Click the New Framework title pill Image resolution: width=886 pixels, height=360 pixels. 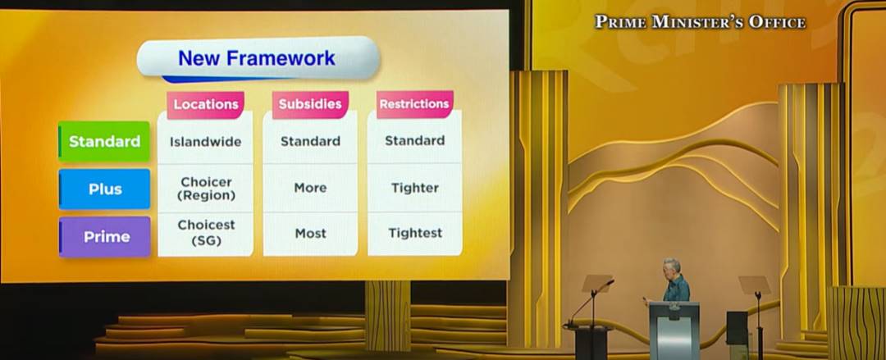click(x=258, y=58)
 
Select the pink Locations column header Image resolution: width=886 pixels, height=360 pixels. click(x=205, y=104)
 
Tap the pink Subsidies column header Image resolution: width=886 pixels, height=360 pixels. click(x=310, y=104)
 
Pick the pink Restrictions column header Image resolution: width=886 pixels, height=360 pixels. click(x=415, y=104)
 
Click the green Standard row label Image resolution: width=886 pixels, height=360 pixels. click(x=104, y=141)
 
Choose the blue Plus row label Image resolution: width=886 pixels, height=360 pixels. click(x=104, y=189)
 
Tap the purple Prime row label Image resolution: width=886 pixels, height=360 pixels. click(x=104, y=237)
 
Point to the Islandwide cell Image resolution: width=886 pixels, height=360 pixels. click(x=206, y=141)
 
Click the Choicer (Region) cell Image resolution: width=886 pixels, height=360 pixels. click(x=206, y=189)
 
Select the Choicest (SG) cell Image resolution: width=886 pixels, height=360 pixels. click(x=206, y=233)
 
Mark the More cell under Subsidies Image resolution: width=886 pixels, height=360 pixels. click(x=310, y=188)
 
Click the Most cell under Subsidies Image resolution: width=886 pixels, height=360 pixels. click(x=310, y=233)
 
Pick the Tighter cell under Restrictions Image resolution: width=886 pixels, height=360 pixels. click(x=415, y=188)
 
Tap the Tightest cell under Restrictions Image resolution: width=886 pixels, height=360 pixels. click(x=415, y=233)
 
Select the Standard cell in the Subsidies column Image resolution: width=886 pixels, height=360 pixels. click(x=310, y=141)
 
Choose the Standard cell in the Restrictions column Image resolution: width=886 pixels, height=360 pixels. click(x=415, y=140)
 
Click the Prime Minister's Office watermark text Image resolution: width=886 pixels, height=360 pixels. click(x=700, y=22)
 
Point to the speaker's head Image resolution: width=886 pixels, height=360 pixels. click(x=673, y=267)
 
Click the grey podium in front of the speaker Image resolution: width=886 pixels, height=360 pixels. click(x=674, y=330)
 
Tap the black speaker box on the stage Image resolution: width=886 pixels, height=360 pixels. click(x=738, y=328)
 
